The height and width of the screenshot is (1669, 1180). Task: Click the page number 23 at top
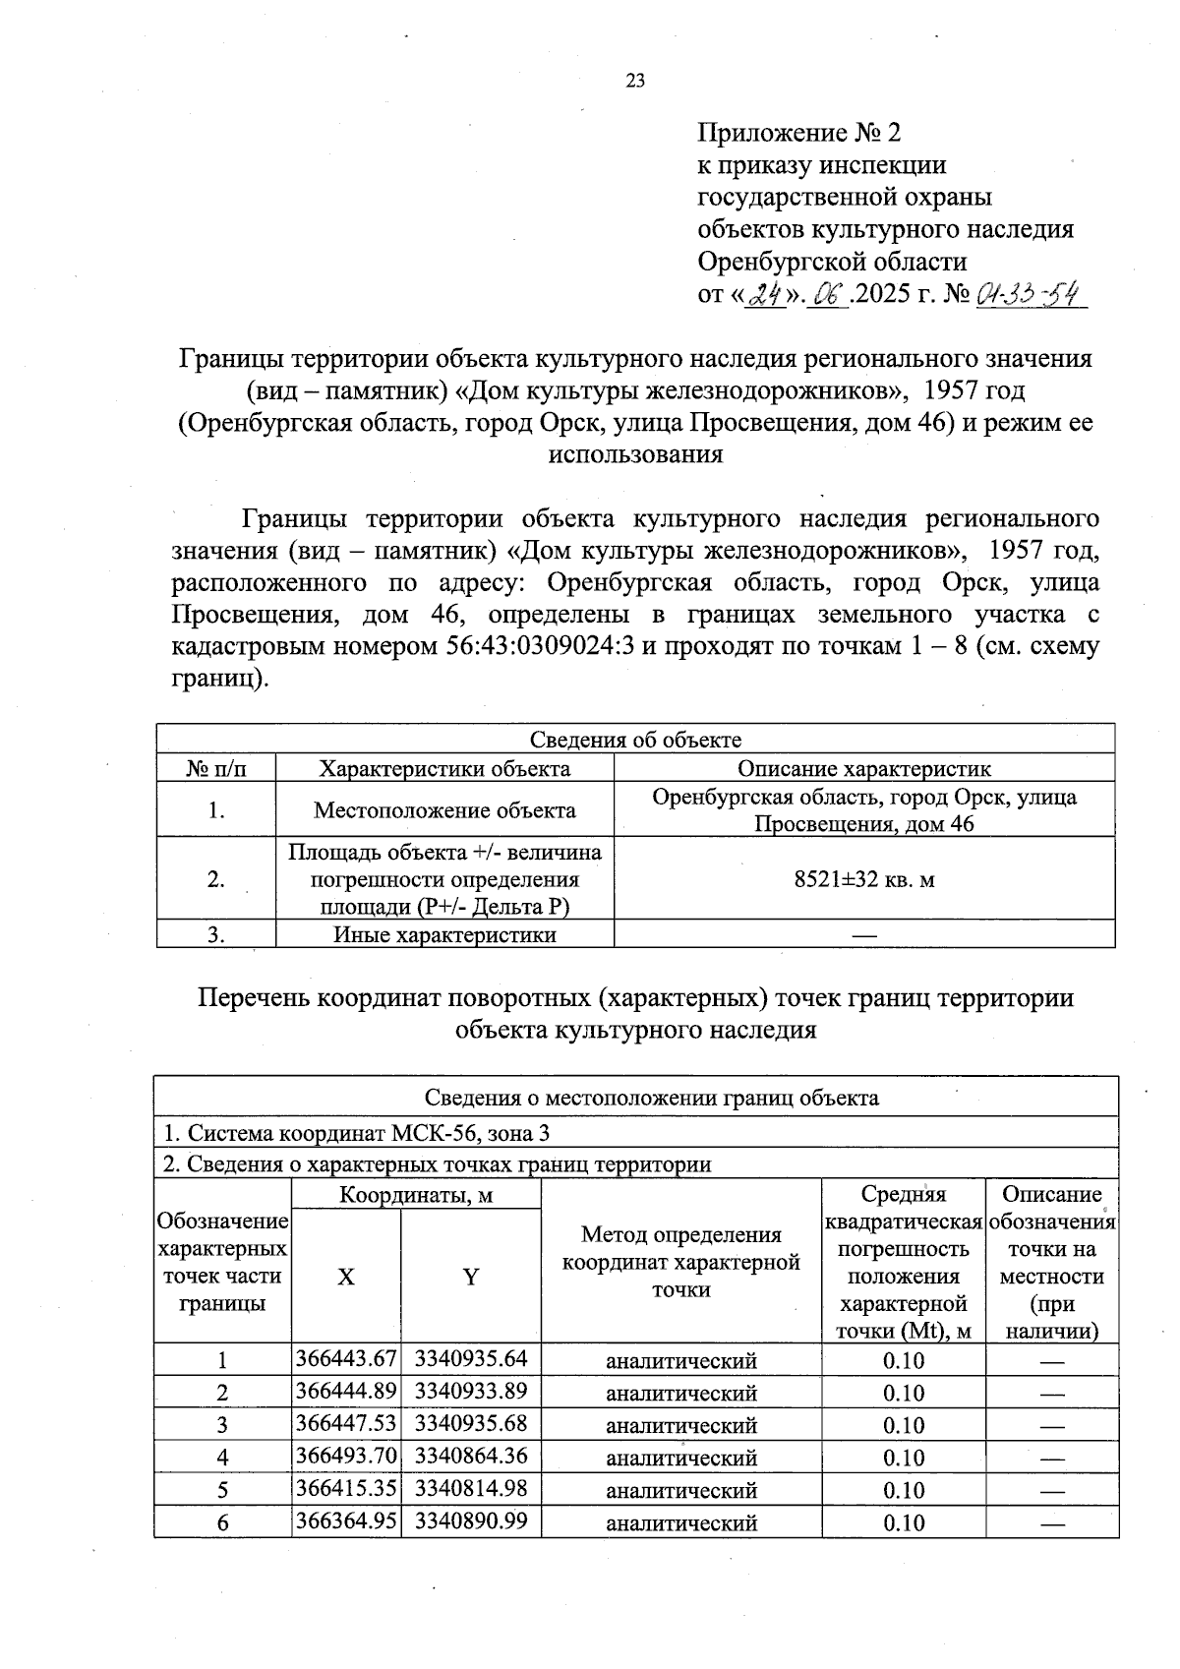click(635, 82)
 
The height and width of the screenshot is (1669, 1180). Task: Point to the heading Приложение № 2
click(797, 133)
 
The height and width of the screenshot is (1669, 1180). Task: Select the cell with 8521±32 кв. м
click(863, 879)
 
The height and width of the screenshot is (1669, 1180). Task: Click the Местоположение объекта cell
click(444, 810)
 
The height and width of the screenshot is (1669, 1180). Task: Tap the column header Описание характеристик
click(863, 769)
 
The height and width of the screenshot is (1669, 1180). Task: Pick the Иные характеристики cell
click(444, 934)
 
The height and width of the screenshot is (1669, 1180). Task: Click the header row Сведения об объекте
click(635, 740)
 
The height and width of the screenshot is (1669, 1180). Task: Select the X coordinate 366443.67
click(346, 1359)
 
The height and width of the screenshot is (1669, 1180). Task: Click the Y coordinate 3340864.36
click(471, 1456)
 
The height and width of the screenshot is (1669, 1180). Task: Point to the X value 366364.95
click(346, 1520)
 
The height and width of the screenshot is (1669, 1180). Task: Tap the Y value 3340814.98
click(471, 1488)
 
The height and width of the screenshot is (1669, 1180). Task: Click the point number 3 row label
click(222, 1425)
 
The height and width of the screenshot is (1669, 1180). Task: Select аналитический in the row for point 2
click(680, 1393)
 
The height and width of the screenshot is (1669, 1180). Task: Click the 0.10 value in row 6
click(903, 1522)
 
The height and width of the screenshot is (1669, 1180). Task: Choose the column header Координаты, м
click(416, 1195)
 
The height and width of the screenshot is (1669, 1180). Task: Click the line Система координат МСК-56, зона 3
click(356, 1133)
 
